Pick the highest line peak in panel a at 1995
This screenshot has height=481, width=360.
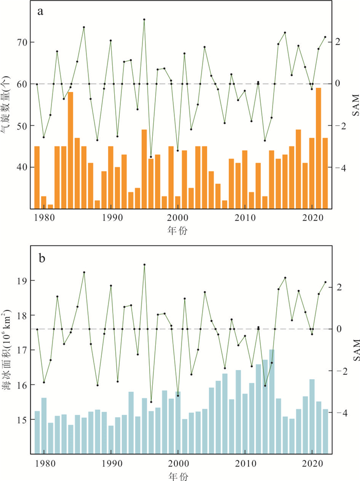point(144,20)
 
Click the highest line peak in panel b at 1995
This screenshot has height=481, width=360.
point(144,265)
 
